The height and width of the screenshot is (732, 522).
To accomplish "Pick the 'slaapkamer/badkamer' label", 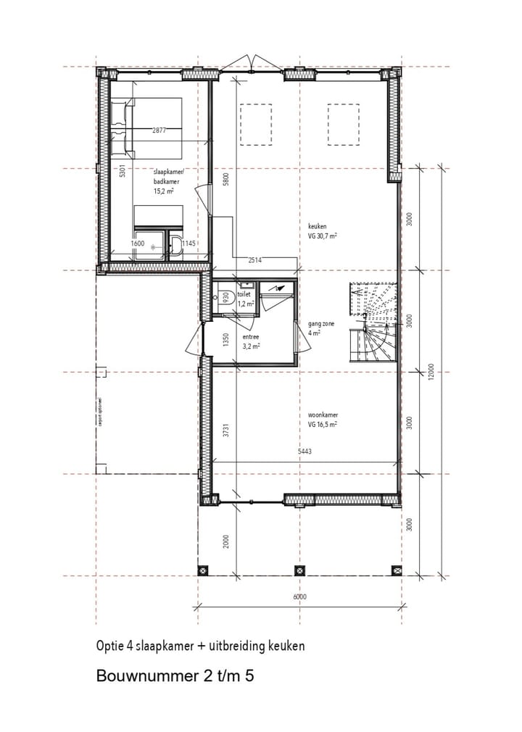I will click(x=169, y=178).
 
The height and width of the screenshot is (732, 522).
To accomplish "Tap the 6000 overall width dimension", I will click(x=300, y=597).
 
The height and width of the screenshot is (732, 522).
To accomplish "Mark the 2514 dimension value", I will click(x=254, y=259).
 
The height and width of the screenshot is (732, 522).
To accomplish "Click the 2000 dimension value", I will click(x=225, y=539).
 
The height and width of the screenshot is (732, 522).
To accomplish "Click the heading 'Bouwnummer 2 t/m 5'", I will click(x=175, y=676).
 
